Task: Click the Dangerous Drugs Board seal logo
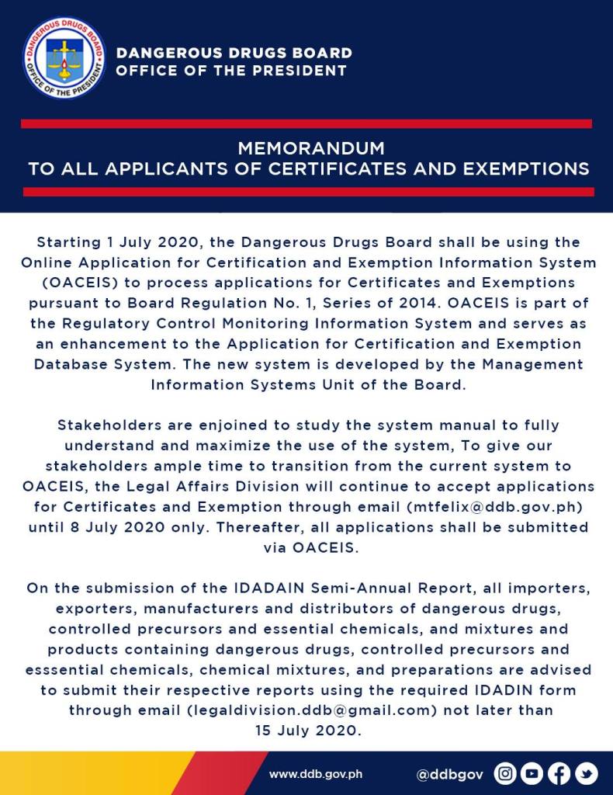[64, 59]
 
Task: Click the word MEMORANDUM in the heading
[311, 148]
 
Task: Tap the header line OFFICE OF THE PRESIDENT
[231, 71]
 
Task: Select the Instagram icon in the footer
[505, 773]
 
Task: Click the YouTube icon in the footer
[532, 773]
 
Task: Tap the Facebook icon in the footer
[559, 773]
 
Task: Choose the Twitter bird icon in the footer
[586, 773]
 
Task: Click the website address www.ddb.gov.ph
[316, 774]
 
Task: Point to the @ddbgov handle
[450, 774]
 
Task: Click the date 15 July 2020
[308, 730]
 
